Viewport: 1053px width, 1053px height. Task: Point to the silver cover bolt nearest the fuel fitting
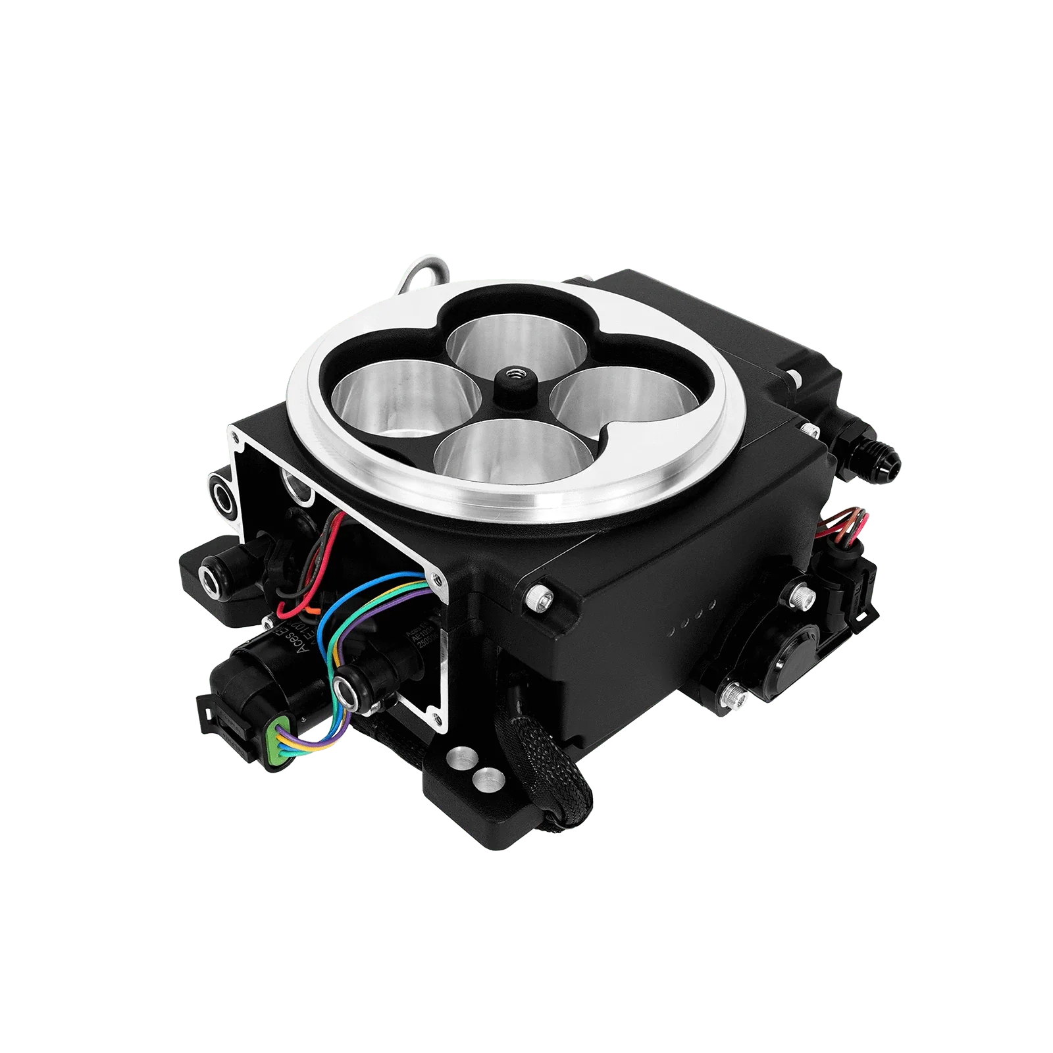(x=809, y=428)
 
